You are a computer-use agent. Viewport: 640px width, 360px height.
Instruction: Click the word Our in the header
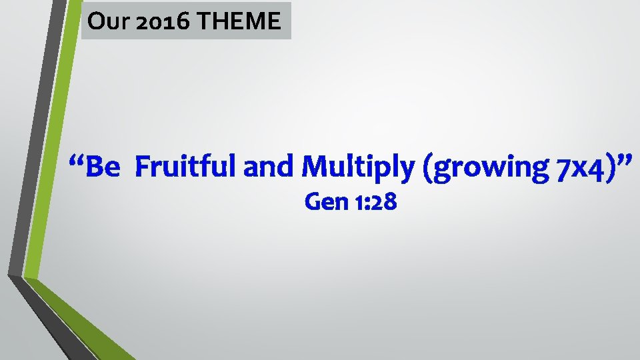(103, 22)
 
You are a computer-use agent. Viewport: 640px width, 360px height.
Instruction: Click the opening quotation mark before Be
(77, 161)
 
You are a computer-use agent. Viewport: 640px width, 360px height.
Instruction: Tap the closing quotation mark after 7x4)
(621, 161)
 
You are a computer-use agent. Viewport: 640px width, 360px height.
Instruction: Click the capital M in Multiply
(313, 167)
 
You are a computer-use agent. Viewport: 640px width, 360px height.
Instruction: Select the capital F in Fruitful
(141, 167)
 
